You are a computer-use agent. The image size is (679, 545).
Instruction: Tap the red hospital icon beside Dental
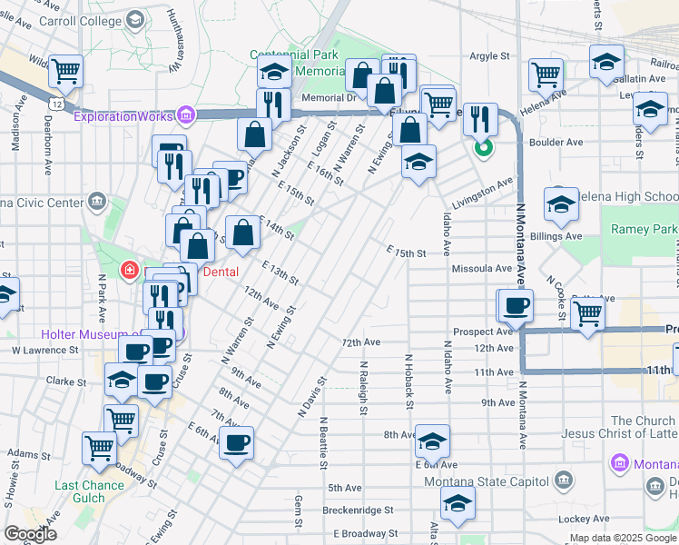[130, 271]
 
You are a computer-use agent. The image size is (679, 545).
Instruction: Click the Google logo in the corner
[30, 535]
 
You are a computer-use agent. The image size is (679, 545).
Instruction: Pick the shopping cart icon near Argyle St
[546, 73]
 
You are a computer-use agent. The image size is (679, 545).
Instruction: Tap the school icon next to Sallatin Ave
[606, 62]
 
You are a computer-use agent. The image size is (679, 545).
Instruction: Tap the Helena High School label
[635, 197]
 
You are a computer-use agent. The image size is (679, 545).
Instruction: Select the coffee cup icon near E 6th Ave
[237, 443]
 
